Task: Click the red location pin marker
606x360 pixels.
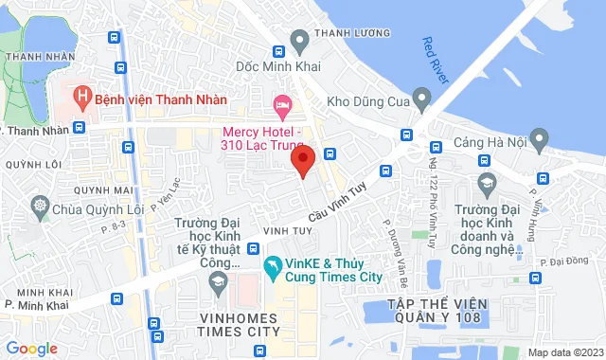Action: (302, 159)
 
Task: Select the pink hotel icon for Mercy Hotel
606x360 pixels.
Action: (280, 102)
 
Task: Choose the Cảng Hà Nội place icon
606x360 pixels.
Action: (540, 142)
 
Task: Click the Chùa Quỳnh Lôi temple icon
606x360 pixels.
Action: (40, 205)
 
